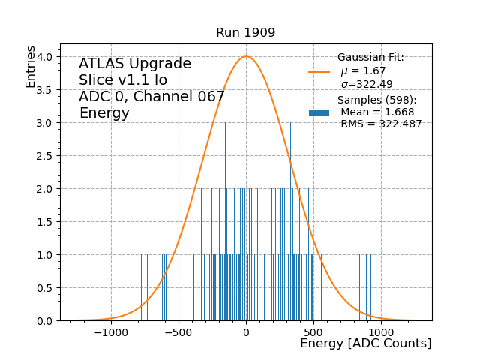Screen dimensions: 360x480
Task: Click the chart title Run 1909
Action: tap(245, 33)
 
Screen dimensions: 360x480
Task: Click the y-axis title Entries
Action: tap(31, 66)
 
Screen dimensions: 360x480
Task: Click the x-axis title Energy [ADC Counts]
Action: tap(365, 343)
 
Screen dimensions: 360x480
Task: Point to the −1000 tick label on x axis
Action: tap(112, 332)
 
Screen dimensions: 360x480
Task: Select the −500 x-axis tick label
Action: tap(178, 332)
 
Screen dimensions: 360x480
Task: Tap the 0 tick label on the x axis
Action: tap(246, 332)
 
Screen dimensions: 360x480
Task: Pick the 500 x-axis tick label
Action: tap(313, 332)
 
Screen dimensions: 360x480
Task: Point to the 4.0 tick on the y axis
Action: tap(46, 57)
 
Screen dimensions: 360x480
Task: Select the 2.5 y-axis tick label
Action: tap(46, 156)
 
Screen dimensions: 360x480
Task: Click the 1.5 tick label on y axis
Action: tap(46, 222)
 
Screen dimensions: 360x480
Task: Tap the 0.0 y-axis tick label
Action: tap(46, 321)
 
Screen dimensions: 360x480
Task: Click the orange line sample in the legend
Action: tap(319, 72)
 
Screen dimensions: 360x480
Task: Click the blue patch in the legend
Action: tap(319, 112)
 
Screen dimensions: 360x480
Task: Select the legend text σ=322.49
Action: tap(367, 84)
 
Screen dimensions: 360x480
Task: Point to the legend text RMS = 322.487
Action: tap(381, 124)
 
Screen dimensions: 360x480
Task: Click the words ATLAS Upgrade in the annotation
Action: tap(135, 64)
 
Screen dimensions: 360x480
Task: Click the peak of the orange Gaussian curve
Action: tap(246, 56)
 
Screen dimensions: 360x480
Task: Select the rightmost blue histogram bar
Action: tap(370, 288)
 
